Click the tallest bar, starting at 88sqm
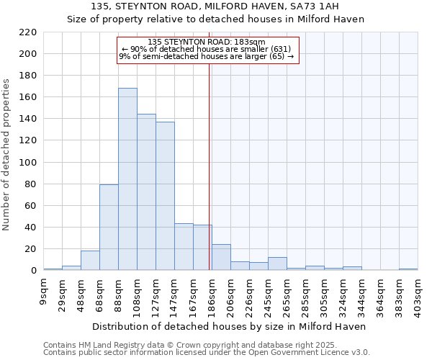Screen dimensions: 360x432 (x=127, y=179)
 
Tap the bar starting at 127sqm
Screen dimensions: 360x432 (x=165, y=196)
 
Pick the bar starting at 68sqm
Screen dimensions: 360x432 (x=109, y=228)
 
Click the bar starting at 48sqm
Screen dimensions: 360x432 (x=90, y=261)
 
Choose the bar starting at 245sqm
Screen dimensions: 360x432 (x=277, y=264)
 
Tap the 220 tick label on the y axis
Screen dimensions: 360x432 (x=28, y=32)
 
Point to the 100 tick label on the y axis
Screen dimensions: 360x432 (x=28, y=163)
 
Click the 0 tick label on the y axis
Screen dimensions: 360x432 (x=33, y=271)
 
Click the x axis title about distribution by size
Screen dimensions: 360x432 (x=230, y=326)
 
